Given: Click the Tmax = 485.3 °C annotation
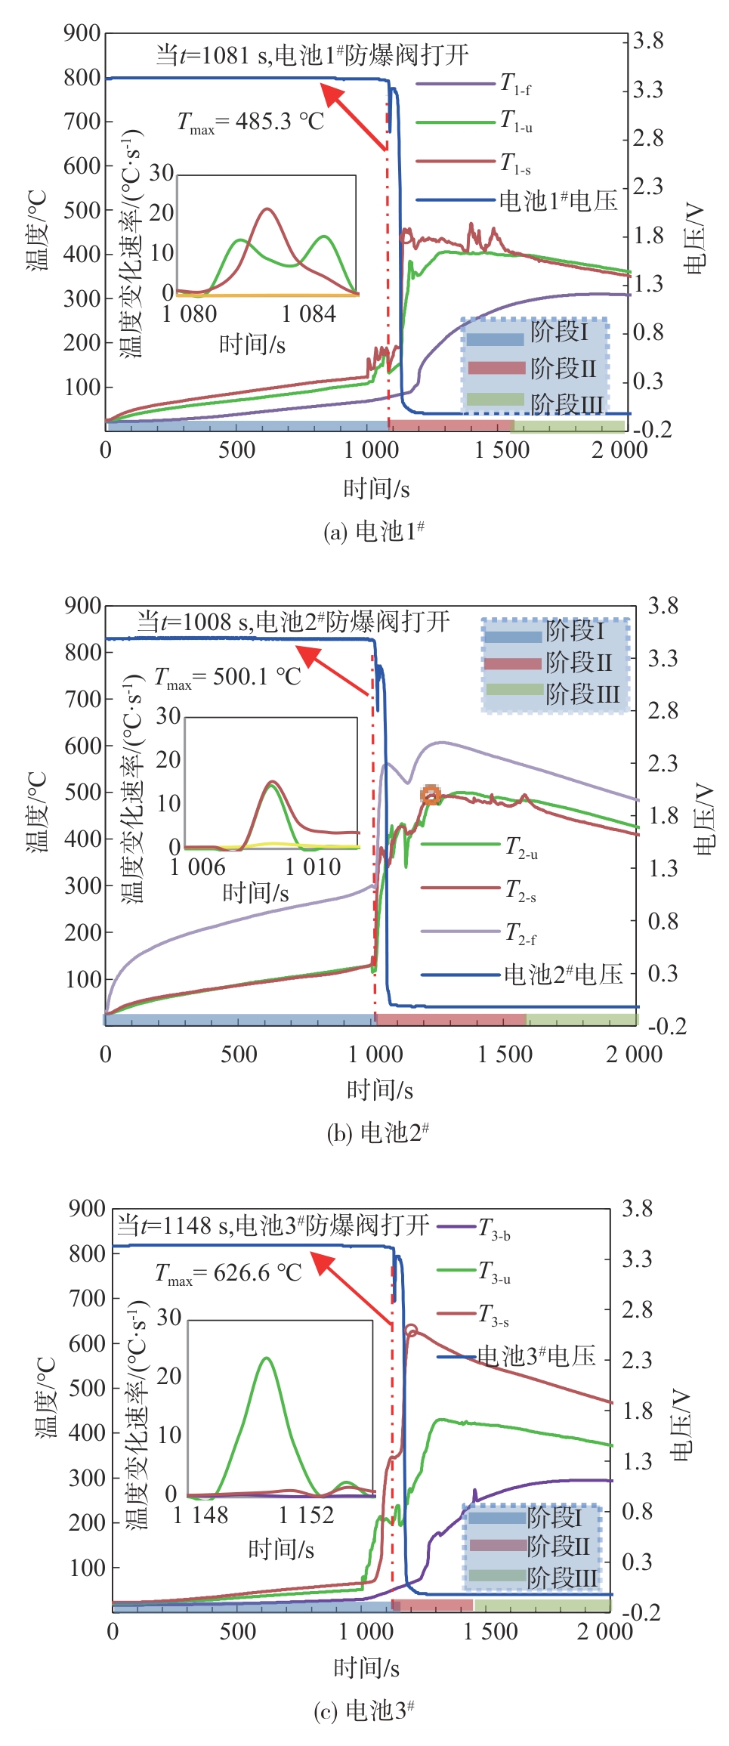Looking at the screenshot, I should (250, 122).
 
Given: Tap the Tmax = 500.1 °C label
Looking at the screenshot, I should (227, 677).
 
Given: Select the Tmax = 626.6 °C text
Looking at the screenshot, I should (228, 1273).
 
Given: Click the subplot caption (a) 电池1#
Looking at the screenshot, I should (373, 532).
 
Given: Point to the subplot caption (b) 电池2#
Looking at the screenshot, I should (378, 1133).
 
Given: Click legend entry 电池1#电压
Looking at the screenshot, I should (558, 201).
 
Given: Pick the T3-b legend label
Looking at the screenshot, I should (495, 1228).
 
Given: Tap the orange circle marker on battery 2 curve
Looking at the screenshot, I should (431, 794).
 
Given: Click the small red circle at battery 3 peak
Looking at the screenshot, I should (411, 1330).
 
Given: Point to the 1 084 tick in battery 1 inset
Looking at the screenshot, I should (308, 314).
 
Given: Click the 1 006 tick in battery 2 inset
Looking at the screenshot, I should (197, 867).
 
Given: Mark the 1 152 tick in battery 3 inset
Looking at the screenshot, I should (306, 1515).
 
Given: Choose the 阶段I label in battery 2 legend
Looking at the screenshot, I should (575, 630).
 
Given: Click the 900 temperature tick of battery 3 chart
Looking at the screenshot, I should (87, 1208).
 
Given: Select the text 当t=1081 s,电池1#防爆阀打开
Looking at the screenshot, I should (312, 55).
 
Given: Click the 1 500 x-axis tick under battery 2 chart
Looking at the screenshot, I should (505, 1054).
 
